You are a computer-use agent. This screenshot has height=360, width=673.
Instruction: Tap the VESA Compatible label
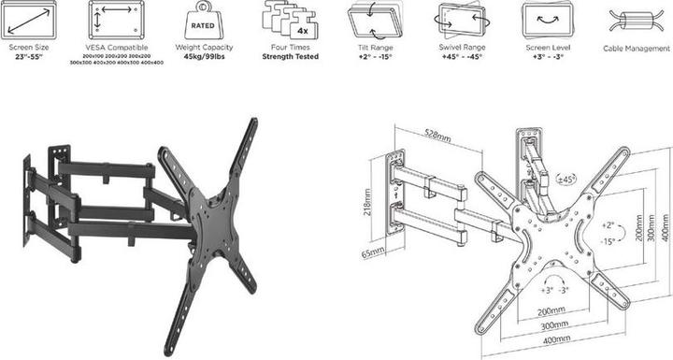point(116,47)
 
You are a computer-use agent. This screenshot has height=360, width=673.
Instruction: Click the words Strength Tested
point(290,56)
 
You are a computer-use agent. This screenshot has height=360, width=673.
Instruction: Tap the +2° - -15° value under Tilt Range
point(374,56)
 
